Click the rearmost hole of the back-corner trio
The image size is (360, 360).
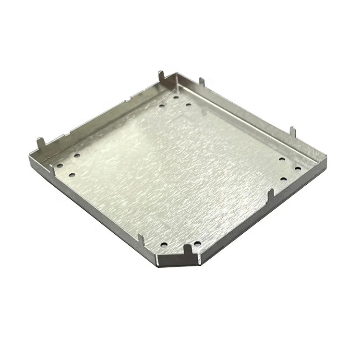point(176,97)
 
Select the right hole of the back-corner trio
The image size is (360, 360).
point(188,105)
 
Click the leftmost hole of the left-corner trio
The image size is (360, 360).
point(60,166)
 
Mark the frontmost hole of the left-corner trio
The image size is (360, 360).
point(72,175)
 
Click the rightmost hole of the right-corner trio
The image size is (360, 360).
point(298,168)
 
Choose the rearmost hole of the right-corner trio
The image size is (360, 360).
point(282,158)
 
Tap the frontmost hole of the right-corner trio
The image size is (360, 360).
point(283,180)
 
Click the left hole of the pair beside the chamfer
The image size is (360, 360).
point(164,243)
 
